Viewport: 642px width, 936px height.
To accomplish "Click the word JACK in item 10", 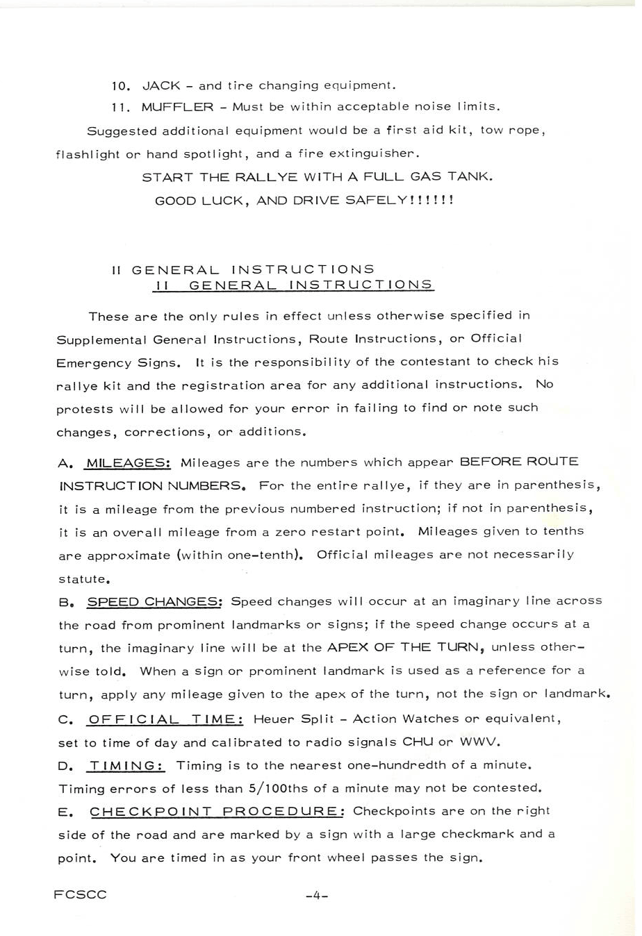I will [x=160, y=86].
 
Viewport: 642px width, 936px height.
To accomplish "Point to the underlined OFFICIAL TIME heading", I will [x=162, y=719].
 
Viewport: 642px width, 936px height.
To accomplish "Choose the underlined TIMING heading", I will [x=126, y=766].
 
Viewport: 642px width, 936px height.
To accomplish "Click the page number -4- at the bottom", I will [x=316, y=896].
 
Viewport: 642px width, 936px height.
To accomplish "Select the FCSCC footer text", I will [x=80, y=895].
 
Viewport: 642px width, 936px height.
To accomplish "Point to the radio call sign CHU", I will [x=417, y=742].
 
